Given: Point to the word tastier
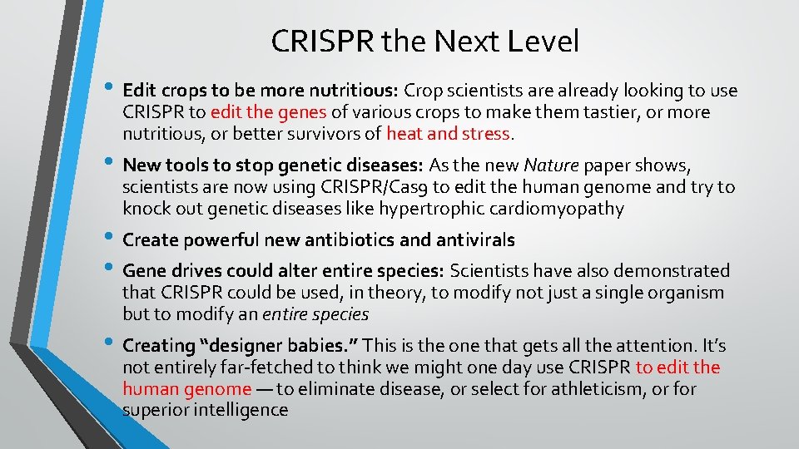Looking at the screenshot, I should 611,112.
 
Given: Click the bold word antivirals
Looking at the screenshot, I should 474,240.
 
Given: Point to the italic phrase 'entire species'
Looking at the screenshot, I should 315,314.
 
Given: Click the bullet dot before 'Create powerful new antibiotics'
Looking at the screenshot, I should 112,239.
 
